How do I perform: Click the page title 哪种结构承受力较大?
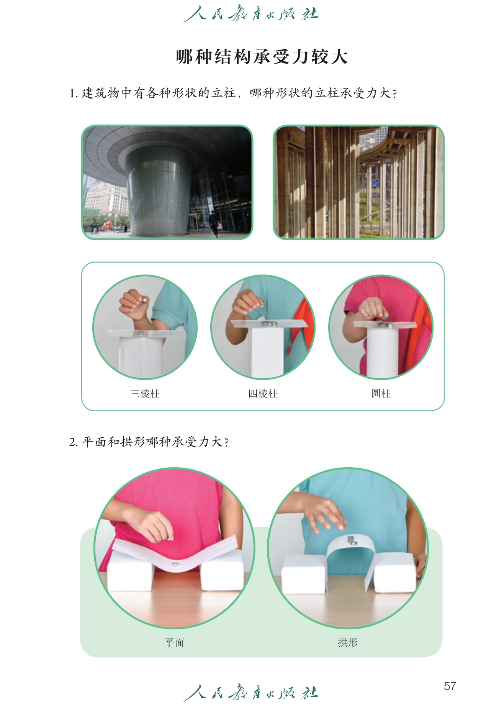pos(262,57)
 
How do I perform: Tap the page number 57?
pos(450,686)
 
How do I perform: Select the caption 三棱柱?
pos(145,394)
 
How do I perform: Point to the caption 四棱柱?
pos(263,394)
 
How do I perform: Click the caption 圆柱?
pos(381,394)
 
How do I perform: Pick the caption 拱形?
pos(348,642)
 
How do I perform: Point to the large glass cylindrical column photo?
pos(167,182)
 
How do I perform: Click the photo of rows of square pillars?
pos(358,182)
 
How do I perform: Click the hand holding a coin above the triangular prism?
pos(134,304)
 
